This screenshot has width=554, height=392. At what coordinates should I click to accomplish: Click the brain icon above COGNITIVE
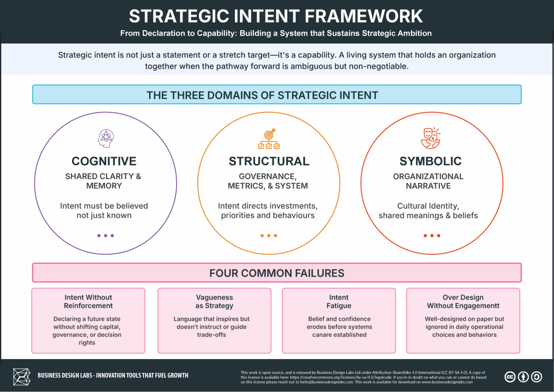pyautogui.click(x=106, y=138)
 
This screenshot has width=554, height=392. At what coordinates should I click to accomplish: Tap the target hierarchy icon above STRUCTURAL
pyautogui.click(x=269, y=139)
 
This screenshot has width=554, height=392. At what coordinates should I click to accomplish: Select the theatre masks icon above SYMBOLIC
pyautogui.click(x=431, y=138)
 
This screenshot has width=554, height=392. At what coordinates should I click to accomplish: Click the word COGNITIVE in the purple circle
pyautogui.click(x=104, y=161)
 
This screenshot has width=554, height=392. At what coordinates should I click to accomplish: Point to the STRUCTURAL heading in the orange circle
pyautogui.click(x=269, y=161)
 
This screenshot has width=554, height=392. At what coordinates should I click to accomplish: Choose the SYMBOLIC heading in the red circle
pyautogui.click(x=430, y=161)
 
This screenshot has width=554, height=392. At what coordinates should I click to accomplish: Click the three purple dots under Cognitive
pyautogui.click(x=106, y=236)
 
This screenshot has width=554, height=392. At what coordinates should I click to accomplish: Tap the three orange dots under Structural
pyautogui.click(x=269, y=236)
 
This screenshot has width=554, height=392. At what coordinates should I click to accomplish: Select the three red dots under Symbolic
pyautogui.click(x=432, y=236)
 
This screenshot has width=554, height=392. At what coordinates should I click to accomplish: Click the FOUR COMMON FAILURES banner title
pyautogui.click(x=277, y=273)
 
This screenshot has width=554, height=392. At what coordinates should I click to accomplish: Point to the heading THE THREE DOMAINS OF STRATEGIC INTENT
pyautogui.click(x=262, y=95)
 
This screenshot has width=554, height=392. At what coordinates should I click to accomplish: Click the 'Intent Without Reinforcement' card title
pyautogui.click(x=88, y=301)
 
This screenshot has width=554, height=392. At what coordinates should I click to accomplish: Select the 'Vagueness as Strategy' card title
pyautogui.click(x=214, y=301)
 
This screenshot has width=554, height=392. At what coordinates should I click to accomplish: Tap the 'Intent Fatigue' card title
pyautogui.click(x=339, y=301)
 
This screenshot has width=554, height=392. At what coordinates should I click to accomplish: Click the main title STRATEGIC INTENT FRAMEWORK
pyautogui.click(x=276, y=16)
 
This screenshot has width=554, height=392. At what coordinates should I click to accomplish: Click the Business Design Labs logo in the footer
pyautogui.click(x=22, y=376)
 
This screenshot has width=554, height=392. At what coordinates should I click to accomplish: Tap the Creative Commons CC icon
pyautogui.click(x=510, y=377)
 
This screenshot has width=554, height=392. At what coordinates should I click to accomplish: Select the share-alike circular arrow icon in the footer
pyautogui.click(x=536, y=377)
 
